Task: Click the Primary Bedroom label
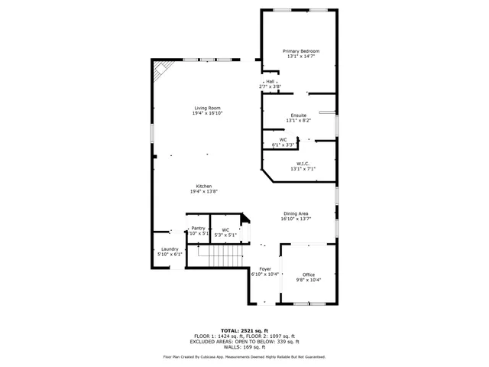[300, 51]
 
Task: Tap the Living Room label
[207, 108]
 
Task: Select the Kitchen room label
[203, 187]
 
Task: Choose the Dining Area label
[296, 213]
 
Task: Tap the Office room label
[309, 274]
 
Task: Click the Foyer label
[265, 269]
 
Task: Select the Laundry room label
[169, 249]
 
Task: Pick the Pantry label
[199, 228]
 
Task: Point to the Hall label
[270, 81]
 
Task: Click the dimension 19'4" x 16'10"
[207, 113]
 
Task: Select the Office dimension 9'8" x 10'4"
[309, 280]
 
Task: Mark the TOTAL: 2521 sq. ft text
[244, 330]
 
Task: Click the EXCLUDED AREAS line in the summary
[244, 341]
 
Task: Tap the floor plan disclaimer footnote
[244, 356]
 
